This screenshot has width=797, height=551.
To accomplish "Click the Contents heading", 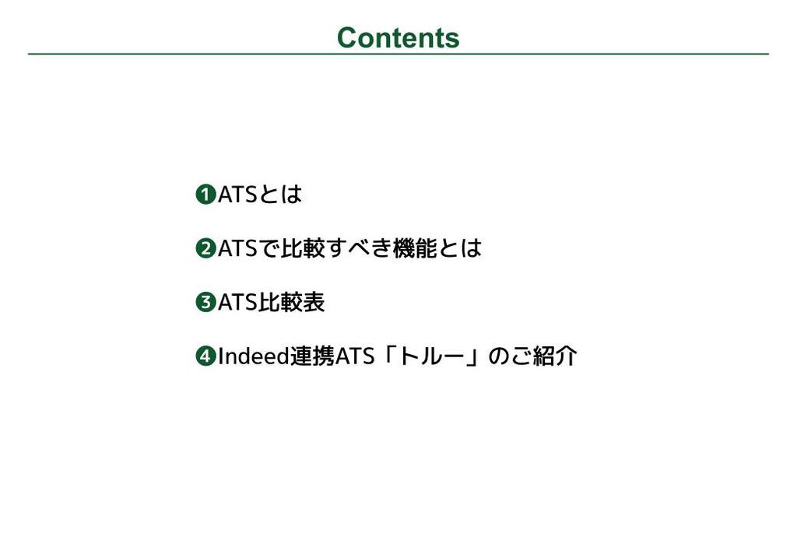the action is (398, 38).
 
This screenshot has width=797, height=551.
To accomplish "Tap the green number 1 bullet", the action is (205, 194).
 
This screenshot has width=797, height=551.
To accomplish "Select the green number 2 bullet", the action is (205, 248).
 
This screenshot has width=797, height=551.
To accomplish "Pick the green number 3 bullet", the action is (205, 303).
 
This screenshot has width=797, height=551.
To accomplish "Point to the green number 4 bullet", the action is (205, 356).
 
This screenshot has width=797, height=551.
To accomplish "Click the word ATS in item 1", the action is (237, 194).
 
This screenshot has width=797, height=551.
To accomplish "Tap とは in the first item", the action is (280, 194).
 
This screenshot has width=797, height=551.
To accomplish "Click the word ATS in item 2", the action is (237, 248).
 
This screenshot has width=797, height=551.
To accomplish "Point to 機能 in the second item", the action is (416, 248).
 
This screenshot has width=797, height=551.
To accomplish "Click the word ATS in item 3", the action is (237, 303).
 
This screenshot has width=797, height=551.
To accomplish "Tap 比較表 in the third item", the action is (291, 303).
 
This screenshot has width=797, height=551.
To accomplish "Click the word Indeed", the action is (254, 356).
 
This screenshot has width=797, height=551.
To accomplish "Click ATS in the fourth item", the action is (355, 356).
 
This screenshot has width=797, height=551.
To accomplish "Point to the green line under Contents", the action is (398, 54).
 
